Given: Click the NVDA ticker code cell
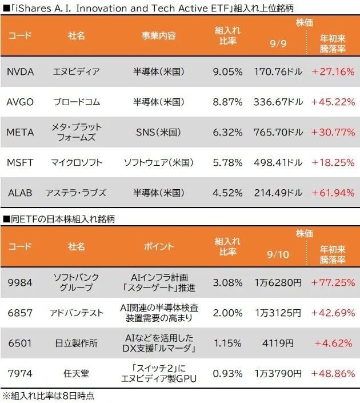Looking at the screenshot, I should pos(20,72).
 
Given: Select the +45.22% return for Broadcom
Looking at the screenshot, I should pos(333,102).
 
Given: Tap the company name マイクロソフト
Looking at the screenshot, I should pos(77,162).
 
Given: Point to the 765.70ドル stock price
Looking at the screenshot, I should pos(278,132).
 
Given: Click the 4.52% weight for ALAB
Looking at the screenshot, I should pos(227,193).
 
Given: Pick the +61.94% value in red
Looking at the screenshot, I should pos(333,193).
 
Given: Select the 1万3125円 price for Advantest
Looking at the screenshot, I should pos(278,313).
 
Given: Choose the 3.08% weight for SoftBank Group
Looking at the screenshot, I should pos(227,282).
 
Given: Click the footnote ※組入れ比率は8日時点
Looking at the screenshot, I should pos(49,396).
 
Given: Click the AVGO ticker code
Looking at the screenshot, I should pos(20,102).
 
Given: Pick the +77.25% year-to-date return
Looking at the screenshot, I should pos(333,282).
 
